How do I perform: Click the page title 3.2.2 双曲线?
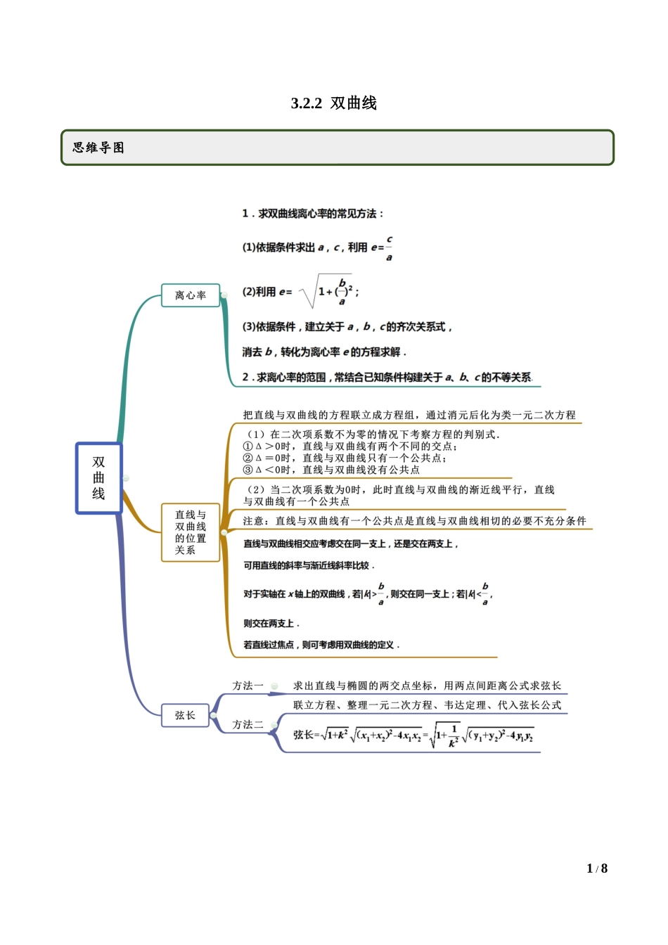click(x=334, y=103)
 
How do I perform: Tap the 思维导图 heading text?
click(x=98, y=148)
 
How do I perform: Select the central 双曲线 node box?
click(x=99, y=478)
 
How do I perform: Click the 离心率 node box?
click(x=191, y=295)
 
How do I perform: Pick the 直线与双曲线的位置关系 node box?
click(x=191, y=532)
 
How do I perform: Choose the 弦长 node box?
click(x=185, y=715)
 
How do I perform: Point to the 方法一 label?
click(x=248, y=686)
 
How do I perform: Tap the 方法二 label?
click(x=248, y=724)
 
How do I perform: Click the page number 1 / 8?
click(x=597, y=868)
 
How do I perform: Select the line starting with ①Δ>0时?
click(x=350, y=446)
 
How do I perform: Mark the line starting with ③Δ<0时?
click(x=331, y=470)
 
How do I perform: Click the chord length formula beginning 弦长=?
click(x=413, y=735)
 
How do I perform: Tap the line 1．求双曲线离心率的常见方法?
click(x=313, y=214)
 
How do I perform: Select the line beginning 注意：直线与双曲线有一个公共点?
click(x=414, y=521)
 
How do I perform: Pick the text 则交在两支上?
click(x=271, y=624)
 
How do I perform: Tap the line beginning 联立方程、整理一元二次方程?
click(x=427, y=705)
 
